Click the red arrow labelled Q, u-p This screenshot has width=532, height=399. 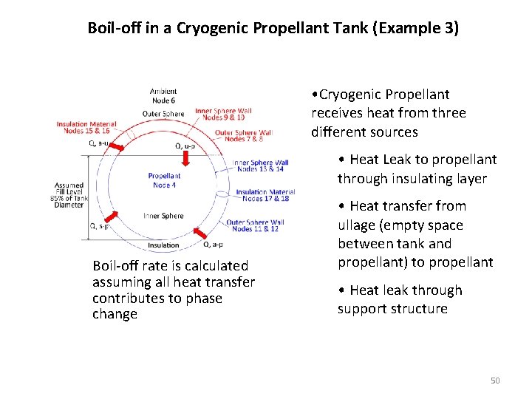tap(188, 157)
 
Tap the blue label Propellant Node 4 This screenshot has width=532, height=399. tap(164, 180)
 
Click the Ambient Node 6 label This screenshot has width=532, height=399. tap(163, 96)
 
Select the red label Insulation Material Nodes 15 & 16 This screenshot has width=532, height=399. tap(82, 127)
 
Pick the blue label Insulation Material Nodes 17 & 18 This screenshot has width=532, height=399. tap(265, 195)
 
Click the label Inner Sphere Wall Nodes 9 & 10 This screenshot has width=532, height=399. tap(224, 115)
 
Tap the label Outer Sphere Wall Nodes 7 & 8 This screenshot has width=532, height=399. tap(244, 136)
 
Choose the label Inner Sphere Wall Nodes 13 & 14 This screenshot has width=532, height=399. tap(260, 166)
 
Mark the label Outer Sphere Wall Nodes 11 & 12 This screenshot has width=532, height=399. tap(255, 225)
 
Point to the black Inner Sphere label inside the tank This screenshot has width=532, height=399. tap(163, 216)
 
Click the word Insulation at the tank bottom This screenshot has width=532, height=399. tap(163, 245)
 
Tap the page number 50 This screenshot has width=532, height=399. tap(495, 381)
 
